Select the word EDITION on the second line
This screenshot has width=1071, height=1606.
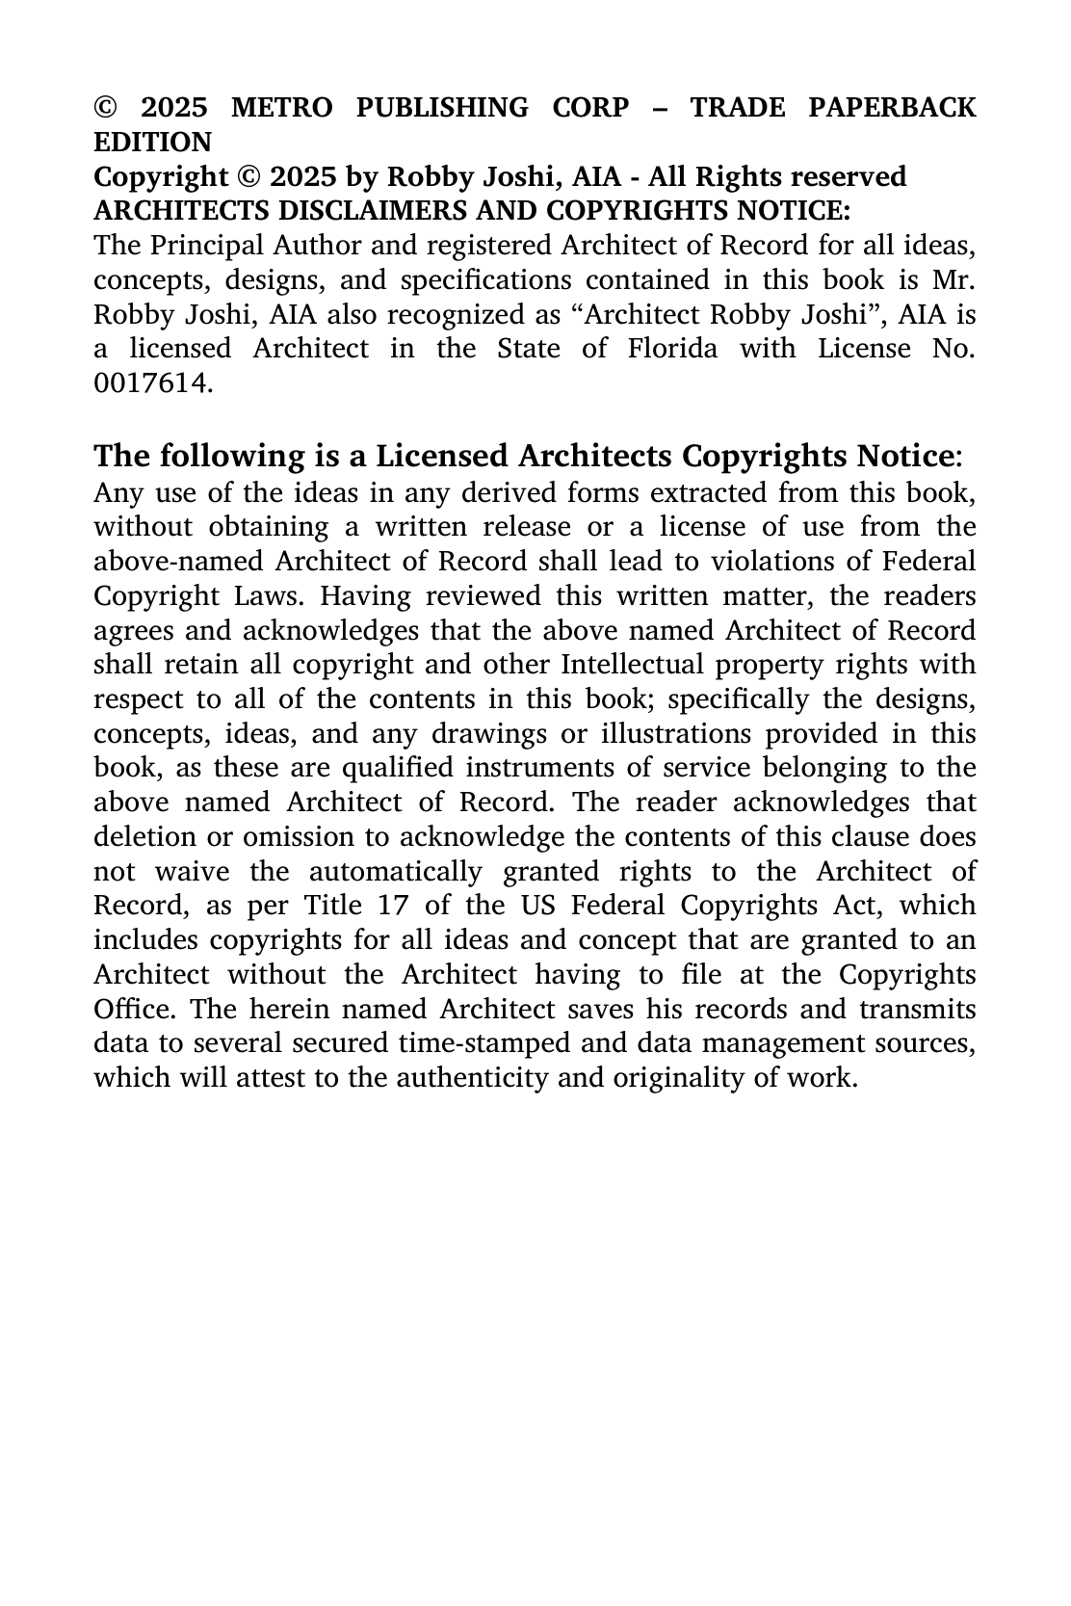click(x=152, y=143)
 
